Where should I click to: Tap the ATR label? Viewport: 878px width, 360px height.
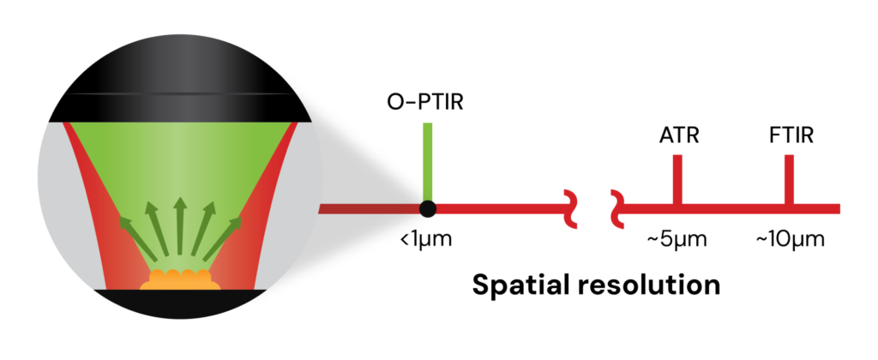[x=677, y=136]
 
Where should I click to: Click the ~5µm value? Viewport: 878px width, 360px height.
[x=677, y=238]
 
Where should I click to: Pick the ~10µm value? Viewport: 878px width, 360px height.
[x=790, y=238]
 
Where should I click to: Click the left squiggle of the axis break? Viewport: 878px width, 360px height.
[x=569, y=209]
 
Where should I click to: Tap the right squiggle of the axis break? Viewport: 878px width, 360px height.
[x=617, y=209]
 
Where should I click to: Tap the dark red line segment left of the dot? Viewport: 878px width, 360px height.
[x=369, y=208]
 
